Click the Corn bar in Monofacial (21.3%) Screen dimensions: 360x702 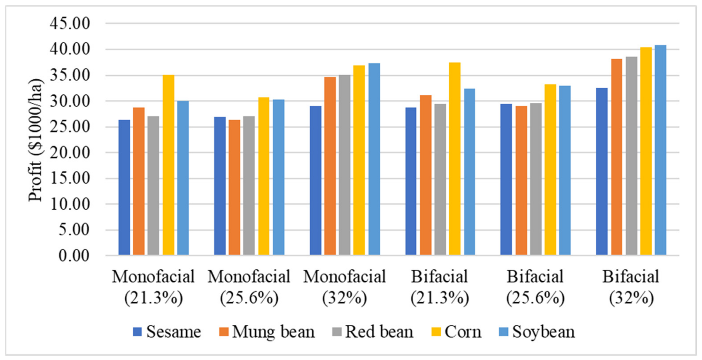[168, 165]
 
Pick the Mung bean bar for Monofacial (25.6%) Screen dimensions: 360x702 [234, 187]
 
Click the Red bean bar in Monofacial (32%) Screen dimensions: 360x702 [345, 165]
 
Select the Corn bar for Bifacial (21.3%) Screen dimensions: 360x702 [455, 159]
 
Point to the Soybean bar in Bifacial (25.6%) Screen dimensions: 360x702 [565, 170]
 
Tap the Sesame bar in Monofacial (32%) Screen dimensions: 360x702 [316, 180]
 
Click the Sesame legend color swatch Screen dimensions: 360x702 [137, 332]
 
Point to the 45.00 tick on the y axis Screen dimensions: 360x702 [70, 24]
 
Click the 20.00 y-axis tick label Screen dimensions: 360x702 [70, 153]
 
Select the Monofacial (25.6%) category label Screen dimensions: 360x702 [249, 288]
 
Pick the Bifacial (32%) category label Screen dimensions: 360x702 [631, 288]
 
